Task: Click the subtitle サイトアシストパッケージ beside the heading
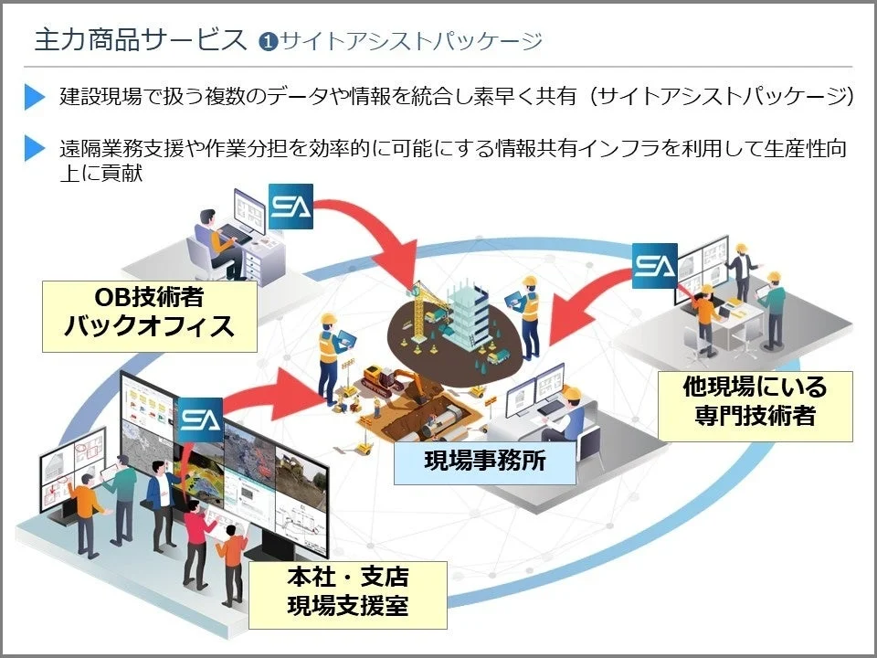pyautogui.click(x=412, y=41)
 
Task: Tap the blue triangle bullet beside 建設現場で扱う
pyautogui.click(x=35, y=96)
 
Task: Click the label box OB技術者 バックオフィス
pyautogui.click(x=149, y=313)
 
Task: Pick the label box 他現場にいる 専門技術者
pyautogui.click(x=755, y=403)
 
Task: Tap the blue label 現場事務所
pyautogui.click(x=485, y=460)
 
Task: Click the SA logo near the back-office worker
pyautogui.click(x=291, y=208)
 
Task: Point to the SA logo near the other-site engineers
pyautogui.click(x=654, y=266)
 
